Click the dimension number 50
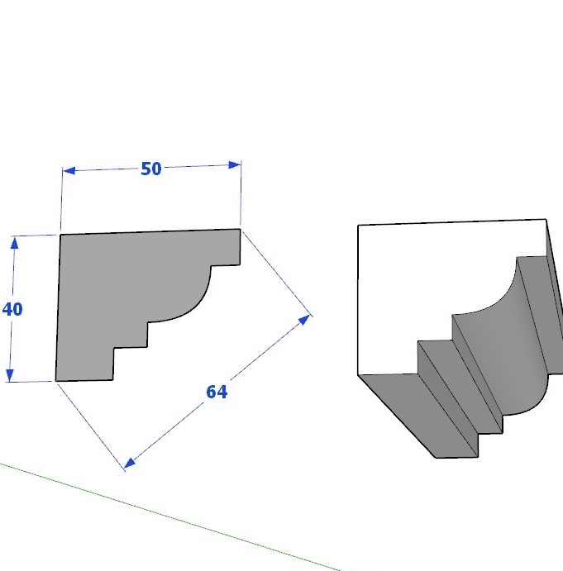150,169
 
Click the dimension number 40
12,309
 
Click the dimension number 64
217,392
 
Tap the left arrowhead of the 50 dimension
69,170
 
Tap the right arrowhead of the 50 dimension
235,165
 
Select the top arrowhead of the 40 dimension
14,243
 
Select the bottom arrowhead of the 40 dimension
10,375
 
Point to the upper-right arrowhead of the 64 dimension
304,320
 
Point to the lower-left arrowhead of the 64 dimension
130,463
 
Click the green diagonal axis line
171,516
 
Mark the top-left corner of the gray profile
60,235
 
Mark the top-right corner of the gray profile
240,229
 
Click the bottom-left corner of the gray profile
55,381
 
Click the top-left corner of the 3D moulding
358,225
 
